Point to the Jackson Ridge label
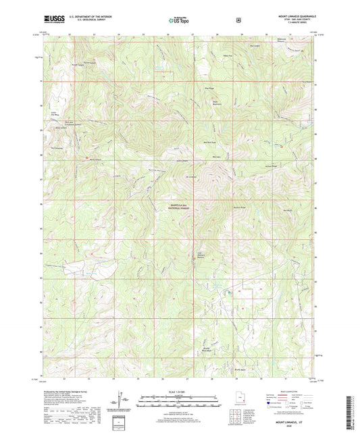[x=272, y=165]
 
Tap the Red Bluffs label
[x=288, y=210]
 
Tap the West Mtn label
[x=217, y=157]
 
